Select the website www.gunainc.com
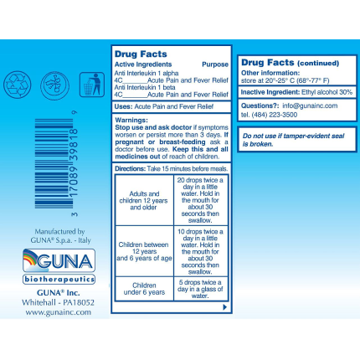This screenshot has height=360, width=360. coord(58,311)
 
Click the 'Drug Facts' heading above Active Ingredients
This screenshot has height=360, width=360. coord(137,54)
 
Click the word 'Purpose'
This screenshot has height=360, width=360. coord(215,64)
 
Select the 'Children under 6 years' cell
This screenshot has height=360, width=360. coord(144,290)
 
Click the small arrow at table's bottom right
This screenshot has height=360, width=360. coord(224,306)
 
